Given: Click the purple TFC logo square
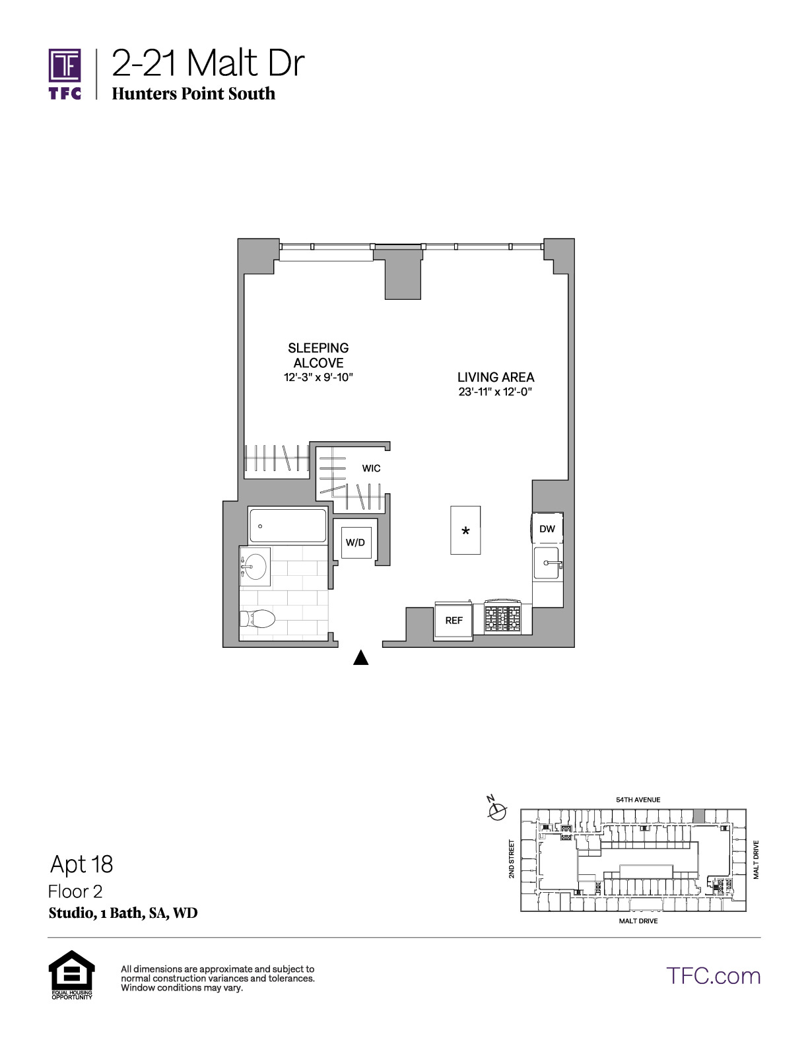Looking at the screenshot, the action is (65, 65).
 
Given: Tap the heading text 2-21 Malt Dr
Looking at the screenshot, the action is (208, 63).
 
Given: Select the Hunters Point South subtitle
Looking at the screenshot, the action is (193, 93).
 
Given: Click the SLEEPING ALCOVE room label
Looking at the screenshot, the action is (318, 355).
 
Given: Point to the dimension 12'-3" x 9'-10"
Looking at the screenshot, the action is (318, 377).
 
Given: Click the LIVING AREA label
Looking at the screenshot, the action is (496, 377).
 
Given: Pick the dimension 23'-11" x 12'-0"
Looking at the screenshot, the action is (495, 392).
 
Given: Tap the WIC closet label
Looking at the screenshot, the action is (371, 468).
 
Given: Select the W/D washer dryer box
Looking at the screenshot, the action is (356, 543).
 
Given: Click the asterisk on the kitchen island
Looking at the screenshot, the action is (465, 532).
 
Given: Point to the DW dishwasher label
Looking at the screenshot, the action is (547, 529).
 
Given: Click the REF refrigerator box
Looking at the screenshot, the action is (454, 620).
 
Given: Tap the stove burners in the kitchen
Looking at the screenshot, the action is (502, 618).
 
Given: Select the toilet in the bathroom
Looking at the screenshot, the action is (257, 619).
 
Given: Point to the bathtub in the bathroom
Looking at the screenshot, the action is (287, 526).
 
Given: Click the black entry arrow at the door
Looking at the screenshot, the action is (360, 658).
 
